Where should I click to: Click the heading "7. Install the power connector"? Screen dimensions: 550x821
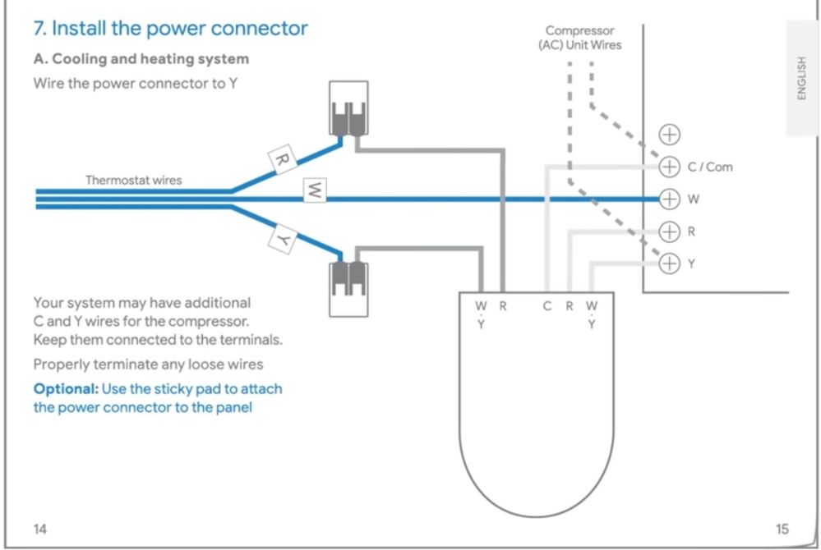170,28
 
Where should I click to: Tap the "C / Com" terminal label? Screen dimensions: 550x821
710,167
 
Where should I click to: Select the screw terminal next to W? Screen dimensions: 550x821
671,199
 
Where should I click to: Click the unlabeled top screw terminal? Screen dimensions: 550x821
671,134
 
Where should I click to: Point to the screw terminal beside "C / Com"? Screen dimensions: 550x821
671,167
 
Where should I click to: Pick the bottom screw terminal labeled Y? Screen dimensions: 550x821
671,264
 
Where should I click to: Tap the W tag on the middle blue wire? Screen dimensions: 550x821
315,191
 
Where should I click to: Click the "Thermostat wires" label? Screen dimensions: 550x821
134,180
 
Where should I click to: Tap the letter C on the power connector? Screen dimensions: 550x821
547,306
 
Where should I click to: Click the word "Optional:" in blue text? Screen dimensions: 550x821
64,388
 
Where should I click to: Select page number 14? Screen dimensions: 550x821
39,529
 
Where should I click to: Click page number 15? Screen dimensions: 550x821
782,529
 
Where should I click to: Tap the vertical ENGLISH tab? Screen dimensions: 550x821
802,78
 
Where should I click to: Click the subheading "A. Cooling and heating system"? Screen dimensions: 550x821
141,59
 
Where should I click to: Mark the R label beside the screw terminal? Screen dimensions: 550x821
691,231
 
